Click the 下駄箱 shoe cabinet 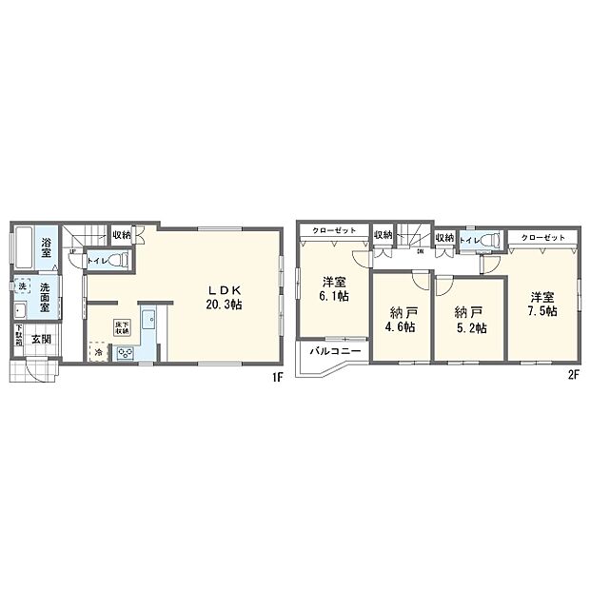18,337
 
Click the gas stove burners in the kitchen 124,353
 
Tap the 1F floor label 277,376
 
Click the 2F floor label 574,376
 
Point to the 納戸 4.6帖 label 402,319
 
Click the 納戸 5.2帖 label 468,319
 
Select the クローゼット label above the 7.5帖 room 543,237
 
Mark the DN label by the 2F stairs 421,254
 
